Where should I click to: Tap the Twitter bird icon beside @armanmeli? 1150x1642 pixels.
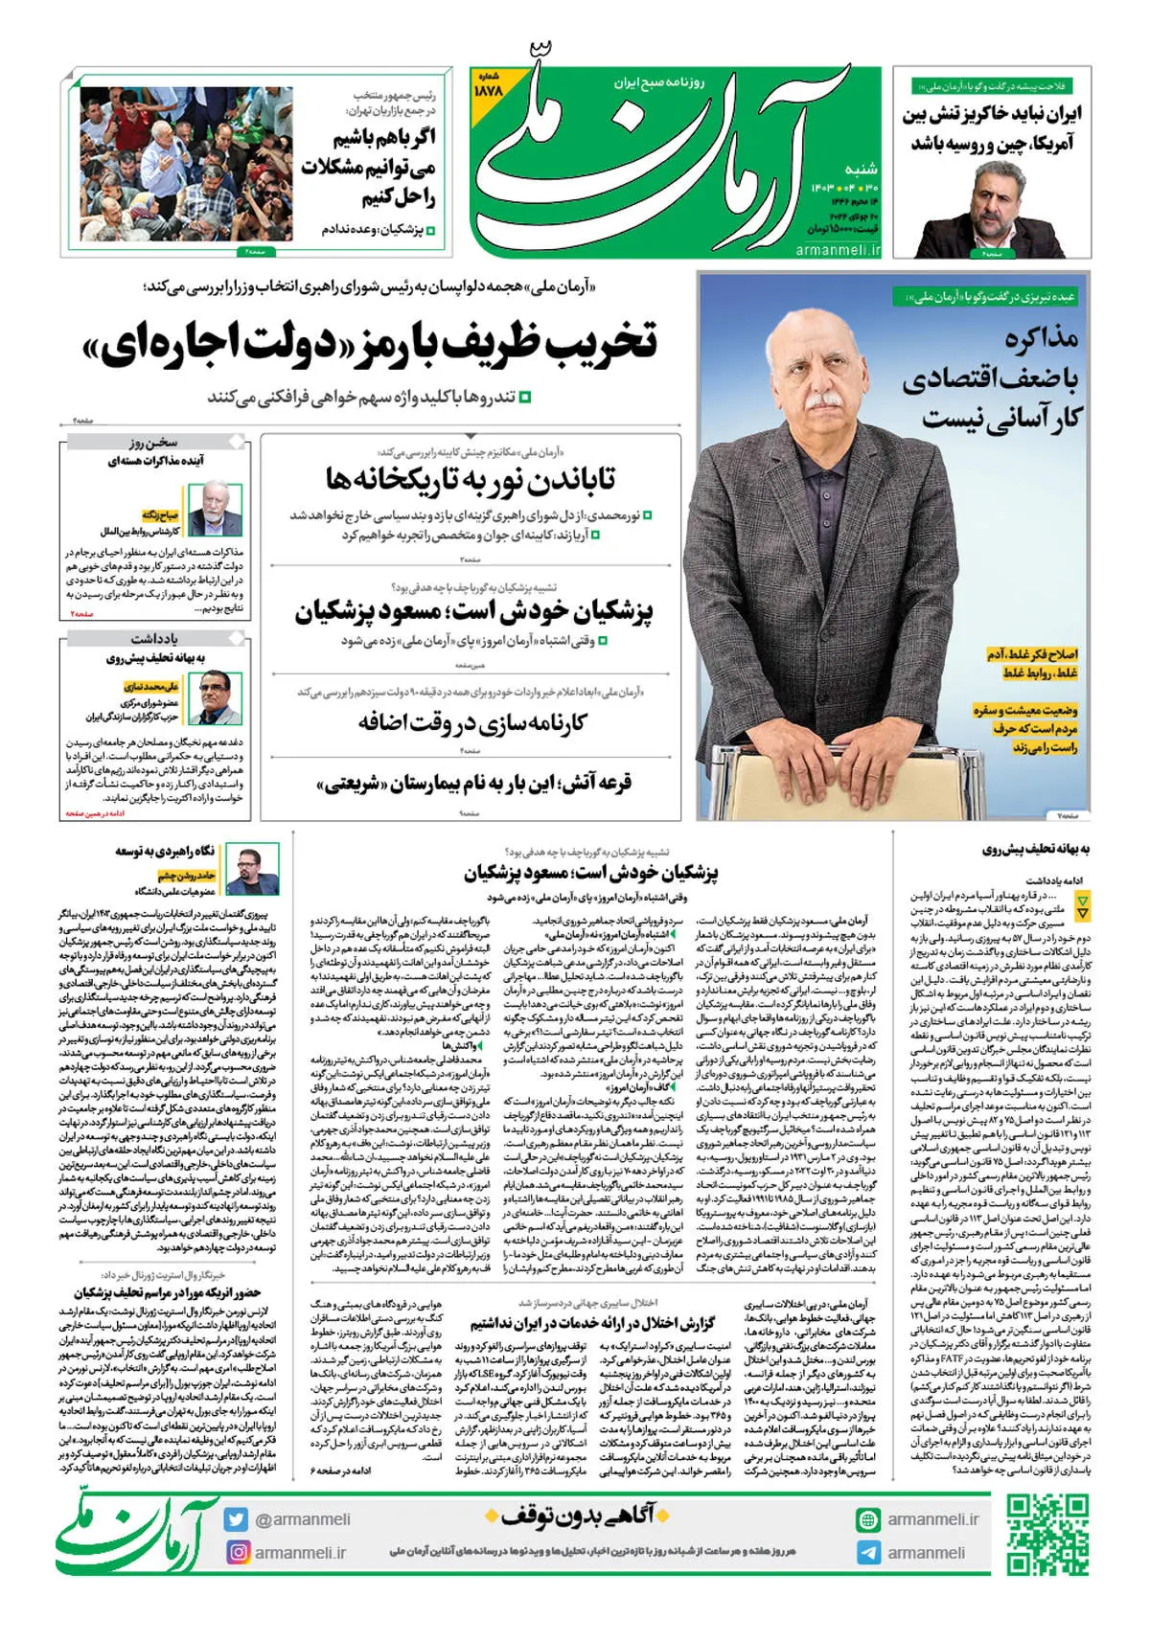pyautogui.click(x=236, y=1519)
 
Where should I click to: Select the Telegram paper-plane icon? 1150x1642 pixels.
pyautogui.click(x=868, y=1553)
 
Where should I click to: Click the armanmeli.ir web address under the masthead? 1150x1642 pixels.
pyautogui.click(x=838, y=249)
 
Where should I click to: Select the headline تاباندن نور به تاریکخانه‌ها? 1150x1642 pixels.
pyautogui.click(x=470, y=478)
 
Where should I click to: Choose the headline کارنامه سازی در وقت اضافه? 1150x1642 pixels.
pyautogui.click(x=471, y=721)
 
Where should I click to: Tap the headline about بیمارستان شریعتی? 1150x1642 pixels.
pyautogui.click(x=474, y=784)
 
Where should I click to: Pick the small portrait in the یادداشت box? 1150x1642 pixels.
pyautogui.click(x=216, y=697)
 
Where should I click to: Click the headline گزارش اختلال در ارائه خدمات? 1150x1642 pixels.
pyautogui.click(x=592, y=1323)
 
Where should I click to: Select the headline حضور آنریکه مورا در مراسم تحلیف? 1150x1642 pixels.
pyautogui.click(x=168, y=1293)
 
